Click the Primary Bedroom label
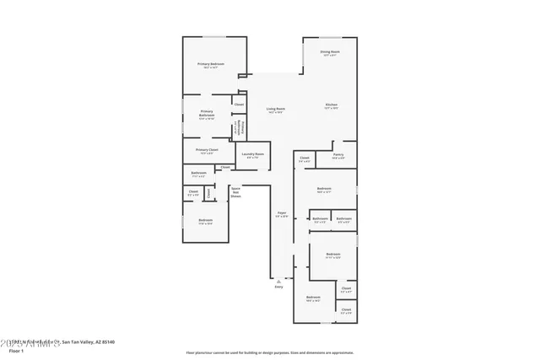pyautogui.click(x=211, y=64)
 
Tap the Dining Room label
pyautogui.click(x=329, y=52)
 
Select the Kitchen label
pyautogui.click(x=331, y=105)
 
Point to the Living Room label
pyautogui.click(x=276, y=109)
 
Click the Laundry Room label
pyautogui.click(x=252, y=154)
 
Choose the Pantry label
pyautogui.click(x=337, y=155)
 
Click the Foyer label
pyautogui.click(x=282, y=212)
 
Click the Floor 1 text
pyautogui.click(x=16, y=350)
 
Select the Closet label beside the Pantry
pyautogui.click(x=304, y=159)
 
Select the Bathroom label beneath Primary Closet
pyautogui.click(x=199, y=174)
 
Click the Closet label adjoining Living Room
pyautogui.click(x=239, y=104)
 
